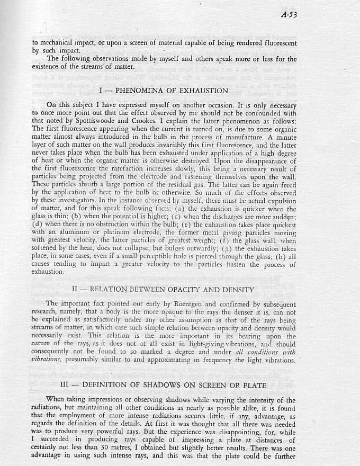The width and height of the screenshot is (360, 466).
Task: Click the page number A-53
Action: coord(289,14)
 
